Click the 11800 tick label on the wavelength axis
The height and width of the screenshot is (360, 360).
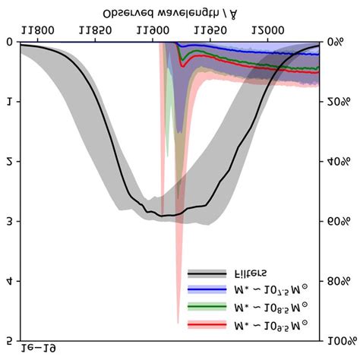[x=38, y=30]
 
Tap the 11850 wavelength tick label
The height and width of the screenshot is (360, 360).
[x=96, y=30]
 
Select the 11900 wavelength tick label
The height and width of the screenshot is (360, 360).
[x=154, y=30]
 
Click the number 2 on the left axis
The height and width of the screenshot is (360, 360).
[x=9, y=162]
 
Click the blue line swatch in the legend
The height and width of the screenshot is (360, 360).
[x=206, y=290]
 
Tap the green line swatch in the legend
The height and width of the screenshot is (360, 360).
[x=206, y=307]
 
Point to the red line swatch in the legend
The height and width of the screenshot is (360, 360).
[x=206, y=324]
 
